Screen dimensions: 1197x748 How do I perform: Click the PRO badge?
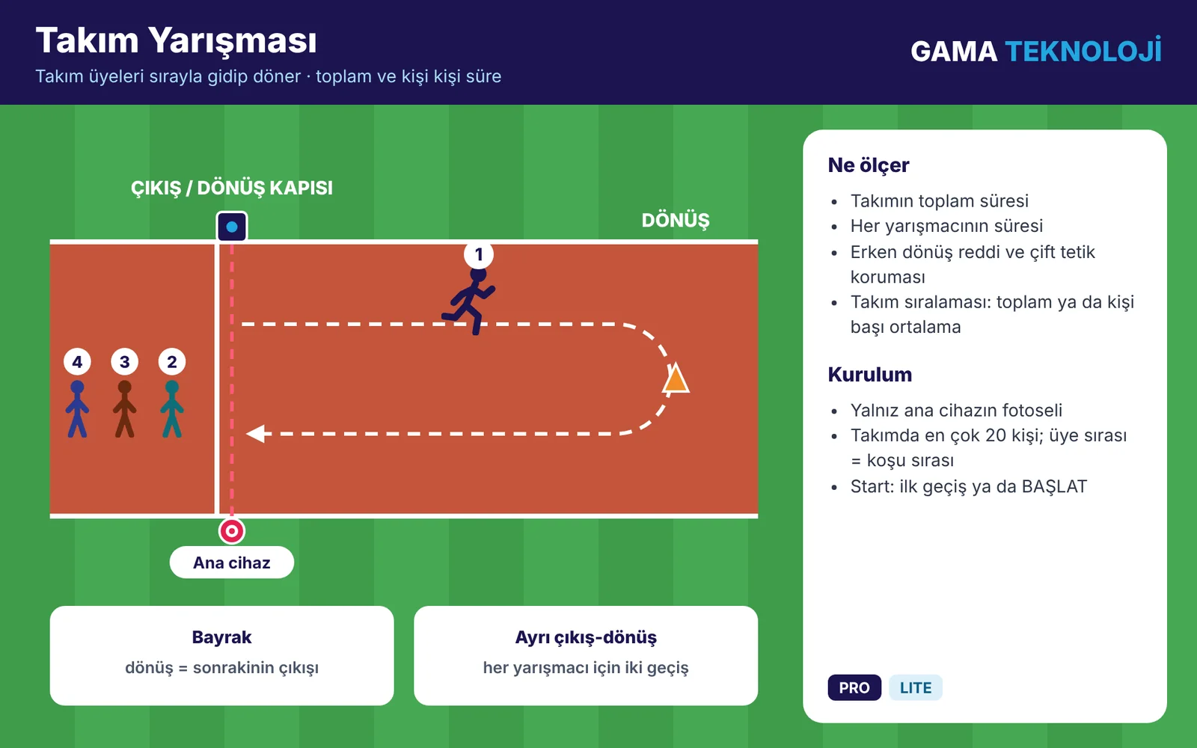click(x=854, y=687)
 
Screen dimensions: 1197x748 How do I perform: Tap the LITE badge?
click(x=916, y=687)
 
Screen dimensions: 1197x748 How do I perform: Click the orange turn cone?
click(x=676, y=378)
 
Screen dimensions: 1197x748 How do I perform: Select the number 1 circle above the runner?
click(x=478, y=254)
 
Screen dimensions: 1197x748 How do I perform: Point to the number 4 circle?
click(x=78, y=362)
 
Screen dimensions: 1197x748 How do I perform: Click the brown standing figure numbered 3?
click(x=124, y=408)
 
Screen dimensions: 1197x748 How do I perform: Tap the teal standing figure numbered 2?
click(x=171, y=408)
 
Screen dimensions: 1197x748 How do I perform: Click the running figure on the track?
click(x=469, y=302)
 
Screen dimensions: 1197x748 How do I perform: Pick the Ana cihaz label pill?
click(x=231, y=562)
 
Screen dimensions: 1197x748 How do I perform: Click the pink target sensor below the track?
click(x=231, y=531)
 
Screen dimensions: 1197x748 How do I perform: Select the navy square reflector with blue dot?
click(x=231, y=227)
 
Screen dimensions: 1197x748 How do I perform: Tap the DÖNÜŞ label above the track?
click(x=676, y=220)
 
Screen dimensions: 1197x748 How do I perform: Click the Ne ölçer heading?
click(x=869, y=165)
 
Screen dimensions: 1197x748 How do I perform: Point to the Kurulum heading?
click(x=870, y=375)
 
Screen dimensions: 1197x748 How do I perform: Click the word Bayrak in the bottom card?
click(x=221, y=637)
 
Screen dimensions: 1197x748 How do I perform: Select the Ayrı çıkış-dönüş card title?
click(x=586, y=637)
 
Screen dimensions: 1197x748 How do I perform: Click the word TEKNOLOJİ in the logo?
click(x=1083, y=50)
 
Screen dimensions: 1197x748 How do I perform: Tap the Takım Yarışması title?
click(x=177, y=40)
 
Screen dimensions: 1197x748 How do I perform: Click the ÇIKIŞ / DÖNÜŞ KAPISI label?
click(x=231, y=188)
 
